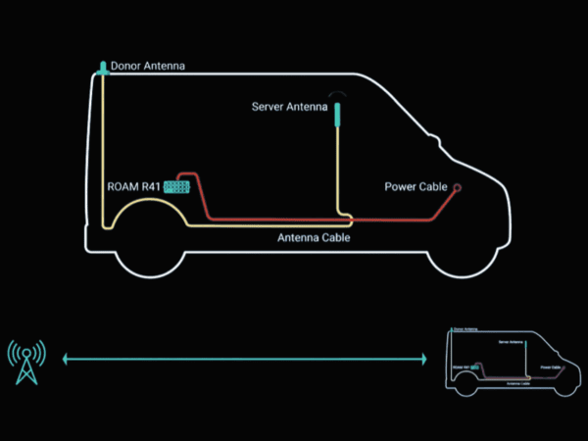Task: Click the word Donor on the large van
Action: point(126,68)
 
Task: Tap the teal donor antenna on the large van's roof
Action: point(102,68)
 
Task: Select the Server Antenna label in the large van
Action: point(289,107)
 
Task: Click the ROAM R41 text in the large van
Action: point(133,185)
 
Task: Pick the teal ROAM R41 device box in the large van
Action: point(176,185)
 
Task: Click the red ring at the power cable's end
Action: point(457,186)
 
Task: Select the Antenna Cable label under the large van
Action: point(314,238)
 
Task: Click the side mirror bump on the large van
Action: point(434,144)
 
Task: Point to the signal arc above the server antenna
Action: point(338,94)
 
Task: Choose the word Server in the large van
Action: point(269,107)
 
